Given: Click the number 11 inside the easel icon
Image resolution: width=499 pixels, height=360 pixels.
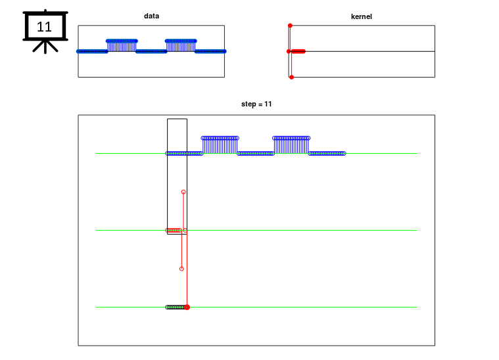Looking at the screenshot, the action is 44,27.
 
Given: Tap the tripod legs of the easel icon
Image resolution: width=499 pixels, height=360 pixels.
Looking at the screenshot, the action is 45,47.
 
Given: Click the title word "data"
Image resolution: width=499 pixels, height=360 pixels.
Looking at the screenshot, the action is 151,16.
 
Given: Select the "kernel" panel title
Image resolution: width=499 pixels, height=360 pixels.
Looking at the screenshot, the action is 361,16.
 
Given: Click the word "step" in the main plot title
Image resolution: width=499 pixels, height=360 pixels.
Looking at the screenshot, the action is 249,104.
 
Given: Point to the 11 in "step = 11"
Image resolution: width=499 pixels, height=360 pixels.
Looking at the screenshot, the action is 268,104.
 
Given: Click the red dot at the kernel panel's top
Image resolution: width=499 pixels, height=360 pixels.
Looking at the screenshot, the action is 290,26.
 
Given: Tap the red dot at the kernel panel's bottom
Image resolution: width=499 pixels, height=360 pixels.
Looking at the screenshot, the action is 291,78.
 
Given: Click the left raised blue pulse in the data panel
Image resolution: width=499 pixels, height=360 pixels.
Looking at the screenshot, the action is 122,45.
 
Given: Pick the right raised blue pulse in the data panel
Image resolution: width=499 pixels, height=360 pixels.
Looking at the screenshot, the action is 181,45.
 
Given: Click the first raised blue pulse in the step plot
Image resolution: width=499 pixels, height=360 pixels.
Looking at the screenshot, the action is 220,145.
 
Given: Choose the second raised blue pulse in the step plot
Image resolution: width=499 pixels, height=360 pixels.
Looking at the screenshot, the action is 291,145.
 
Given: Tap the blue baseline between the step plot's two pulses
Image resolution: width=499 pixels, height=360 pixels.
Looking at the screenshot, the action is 256,153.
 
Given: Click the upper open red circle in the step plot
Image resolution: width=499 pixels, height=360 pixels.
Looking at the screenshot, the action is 183,192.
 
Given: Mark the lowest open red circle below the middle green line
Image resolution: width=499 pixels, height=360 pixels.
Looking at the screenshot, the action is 181,269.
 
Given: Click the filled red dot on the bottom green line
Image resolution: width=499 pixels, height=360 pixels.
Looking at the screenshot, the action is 187,307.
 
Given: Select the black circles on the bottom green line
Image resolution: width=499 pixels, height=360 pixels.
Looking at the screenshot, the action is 176,307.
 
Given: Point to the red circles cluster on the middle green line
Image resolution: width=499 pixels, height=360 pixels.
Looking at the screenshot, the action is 174,230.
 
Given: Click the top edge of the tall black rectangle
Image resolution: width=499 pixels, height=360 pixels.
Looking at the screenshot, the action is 178,119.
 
